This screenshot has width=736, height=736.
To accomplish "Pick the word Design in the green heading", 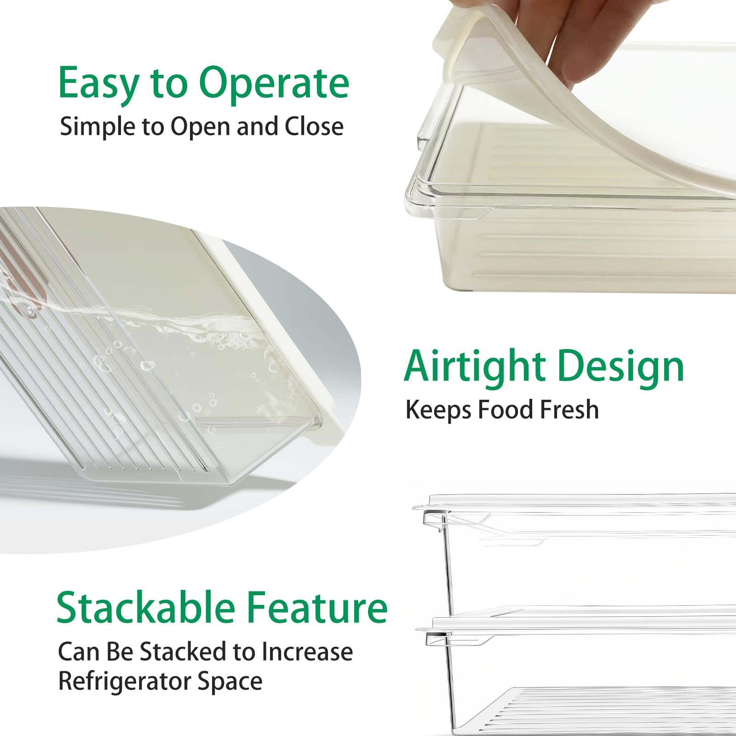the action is click(x=621, y=367).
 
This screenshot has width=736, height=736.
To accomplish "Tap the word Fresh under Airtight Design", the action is click(x=569, y=409).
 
